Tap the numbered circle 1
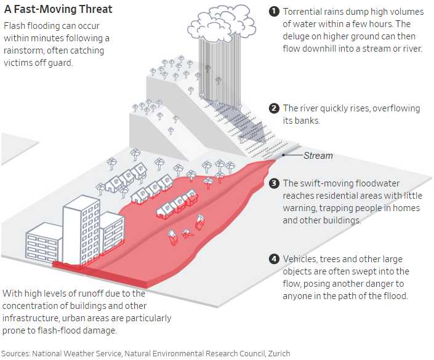point(275,12)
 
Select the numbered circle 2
point(275,109)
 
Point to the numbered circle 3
point(275,183)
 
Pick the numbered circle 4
point(275,259)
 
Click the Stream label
point(318,156)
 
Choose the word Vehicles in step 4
point(300,259)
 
